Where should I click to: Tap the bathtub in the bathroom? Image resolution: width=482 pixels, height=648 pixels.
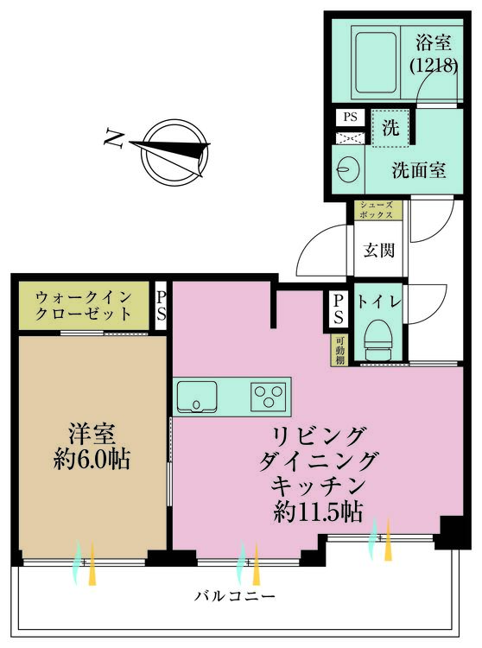coord(375,54)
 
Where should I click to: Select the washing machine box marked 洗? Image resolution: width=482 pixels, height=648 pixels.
coord(390,130)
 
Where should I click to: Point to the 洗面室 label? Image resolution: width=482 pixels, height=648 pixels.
coord(418,170)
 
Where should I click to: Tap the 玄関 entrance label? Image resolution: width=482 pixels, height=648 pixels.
coord(378,251)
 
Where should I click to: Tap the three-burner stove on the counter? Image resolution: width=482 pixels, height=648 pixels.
coord(269,397)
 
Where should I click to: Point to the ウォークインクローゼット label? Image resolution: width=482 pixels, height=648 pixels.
coord(84,305)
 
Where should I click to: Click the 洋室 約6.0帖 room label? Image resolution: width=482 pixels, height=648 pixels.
coord(88,446)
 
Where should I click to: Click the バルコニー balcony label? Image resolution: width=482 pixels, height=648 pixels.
coord(234,597)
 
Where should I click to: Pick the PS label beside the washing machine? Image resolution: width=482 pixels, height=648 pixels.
coord(350,117)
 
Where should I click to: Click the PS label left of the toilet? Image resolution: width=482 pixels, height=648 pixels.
coord(339,309)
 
